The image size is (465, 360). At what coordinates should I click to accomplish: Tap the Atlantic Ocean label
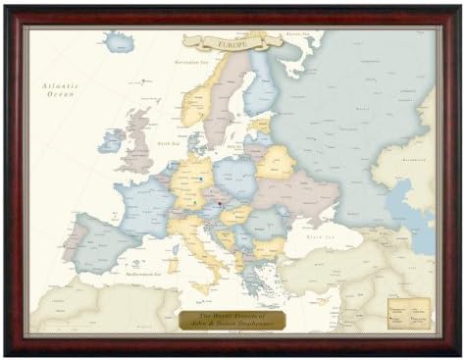click(58, 91)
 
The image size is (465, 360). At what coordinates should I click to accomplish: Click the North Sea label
click(167, 144)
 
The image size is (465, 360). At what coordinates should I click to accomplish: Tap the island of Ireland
click(111, 141)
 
